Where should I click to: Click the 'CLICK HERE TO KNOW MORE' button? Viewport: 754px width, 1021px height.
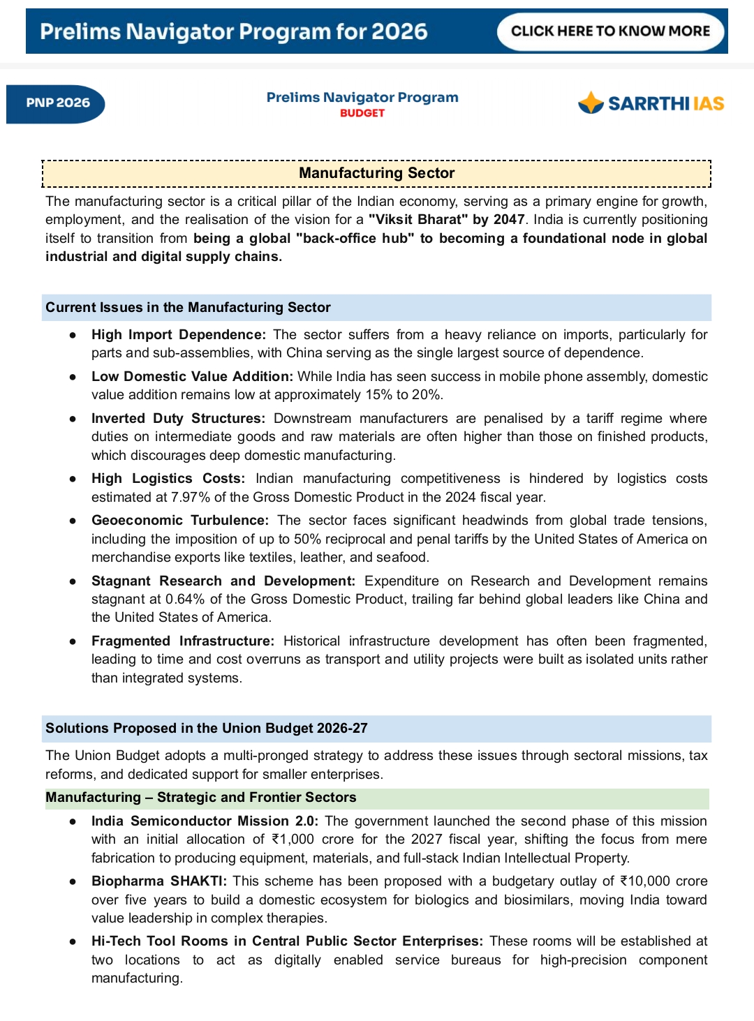[x=610, y=31]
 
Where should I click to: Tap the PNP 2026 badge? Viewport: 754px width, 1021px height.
[x=57, y=103]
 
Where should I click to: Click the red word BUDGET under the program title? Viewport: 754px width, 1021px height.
[x=362, y=113]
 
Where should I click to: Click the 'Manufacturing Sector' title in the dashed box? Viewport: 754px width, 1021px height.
[x=376, y=173]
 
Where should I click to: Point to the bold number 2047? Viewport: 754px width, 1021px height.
[x=508, y=220]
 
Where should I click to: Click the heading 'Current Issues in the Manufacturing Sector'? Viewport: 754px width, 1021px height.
[x=188, y=308]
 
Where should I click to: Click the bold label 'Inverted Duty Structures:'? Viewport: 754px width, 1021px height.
[x=178, y=419]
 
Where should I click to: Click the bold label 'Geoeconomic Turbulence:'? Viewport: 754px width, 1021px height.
[x=179, y=521]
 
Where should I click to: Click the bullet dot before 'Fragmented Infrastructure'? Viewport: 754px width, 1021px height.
[x=73, y=641]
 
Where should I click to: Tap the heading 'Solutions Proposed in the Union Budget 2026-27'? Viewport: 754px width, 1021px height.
[x=207, y=729]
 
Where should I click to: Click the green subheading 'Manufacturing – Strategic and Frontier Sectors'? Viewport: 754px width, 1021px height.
[x=201, y=798]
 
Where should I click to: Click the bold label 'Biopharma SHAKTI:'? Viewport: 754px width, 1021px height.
[x=159, y=881]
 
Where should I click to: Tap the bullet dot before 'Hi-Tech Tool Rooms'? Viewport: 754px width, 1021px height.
[x=73, y=941]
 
